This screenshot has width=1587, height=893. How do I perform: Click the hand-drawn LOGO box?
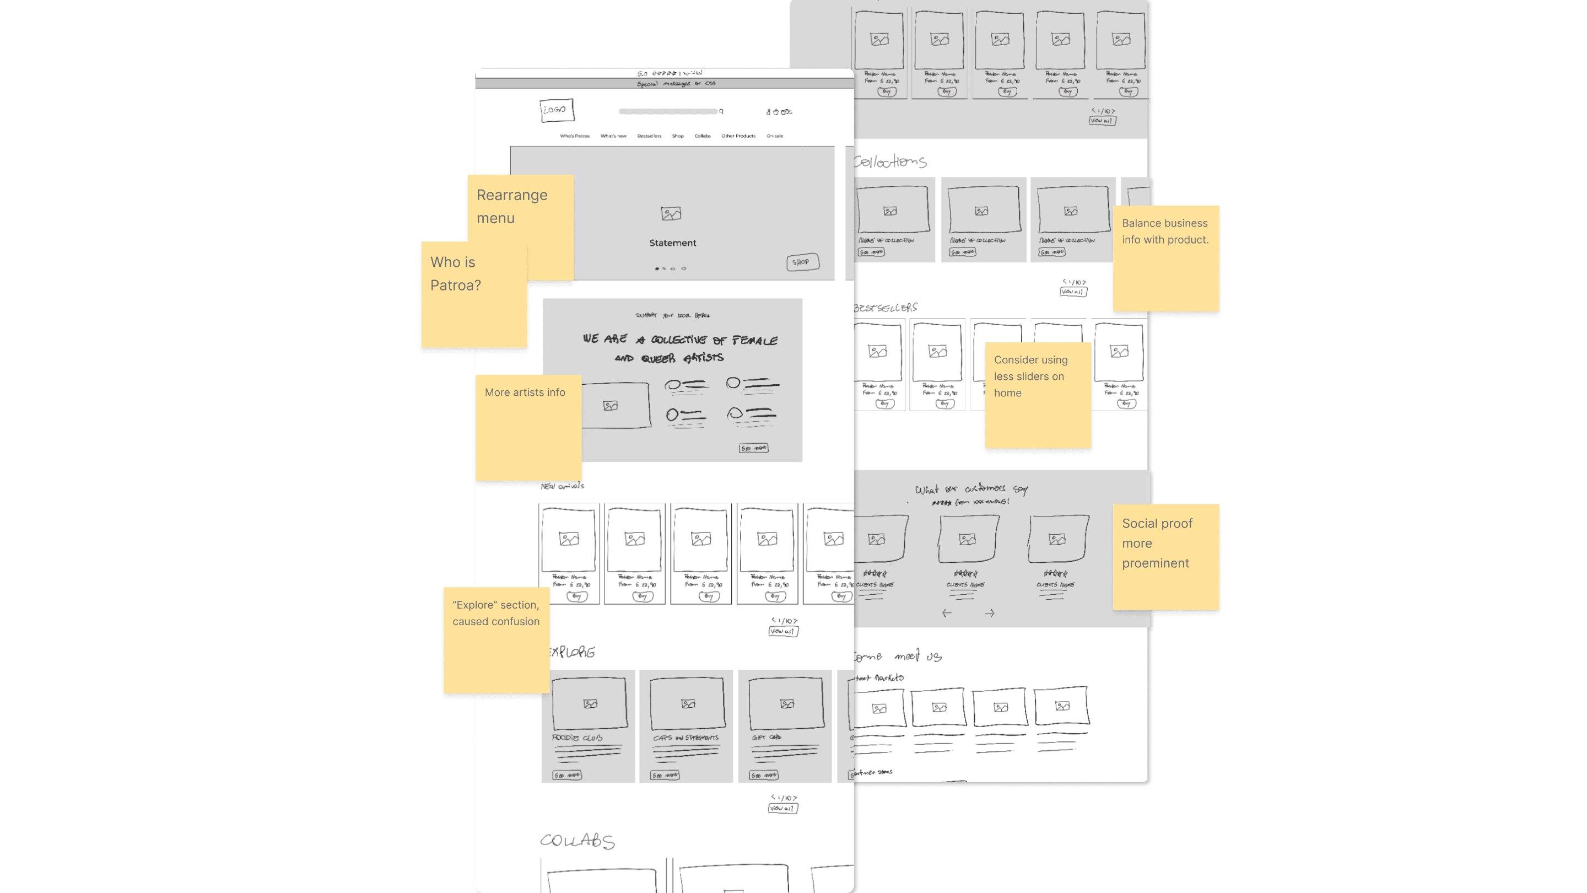point(557,110)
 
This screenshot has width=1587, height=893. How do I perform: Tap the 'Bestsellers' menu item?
point(649,136)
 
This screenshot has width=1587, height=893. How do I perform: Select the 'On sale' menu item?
point(774,136)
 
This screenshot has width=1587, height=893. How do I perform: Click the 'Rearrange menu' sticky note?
point(521,207)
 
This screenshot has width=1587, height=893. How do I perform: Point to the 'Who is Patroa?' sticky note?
point(473,294)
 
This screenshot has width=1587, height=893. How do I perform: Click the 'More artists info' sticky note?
point(528,427)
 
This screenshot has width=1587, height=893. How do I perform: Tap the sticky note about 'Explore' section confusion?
point(496,639)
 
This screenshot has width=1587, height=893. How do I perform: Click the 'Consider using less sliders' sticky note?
point(1037,395)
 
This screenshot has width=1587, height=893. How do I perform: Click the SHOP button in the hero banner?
point(802,262)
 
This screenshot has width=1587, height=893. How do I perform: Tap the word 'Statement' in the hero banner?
point(672,243)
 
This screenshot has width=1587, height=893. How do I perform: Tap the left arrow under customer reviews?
point(946,613)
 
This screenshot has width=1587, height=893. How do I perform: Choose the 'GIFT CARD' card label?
point(766,737)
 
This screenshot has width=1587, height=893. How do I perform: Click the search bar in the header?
point(668,111)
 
